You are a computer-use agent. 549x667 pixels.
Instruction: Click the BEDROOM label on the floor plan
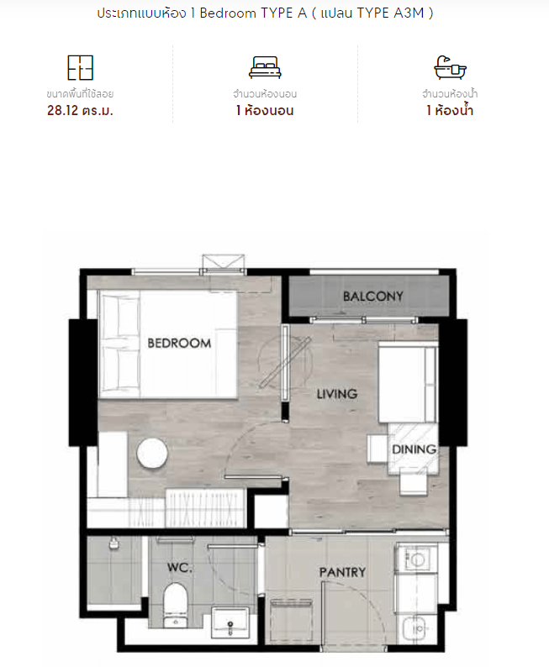tap(179, 343)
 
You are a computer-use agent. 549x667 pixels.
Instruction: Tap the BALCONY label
tap(373, 296)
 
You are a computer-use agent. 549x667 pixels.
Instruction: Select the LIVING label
tap(337, 394)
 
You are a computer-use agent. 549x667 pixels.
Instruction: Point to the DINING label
tap(414, 449)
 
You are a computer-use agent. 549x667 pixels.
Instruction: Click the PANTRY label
tap(342, 572)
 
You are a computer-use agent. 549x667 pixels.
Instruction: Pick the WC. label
tap(179, 567)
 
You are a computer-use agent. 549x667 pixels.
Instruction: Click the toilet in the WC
tap(176, 605)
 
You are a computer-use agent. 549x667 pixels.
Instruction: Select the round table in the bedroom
tap(152, 454)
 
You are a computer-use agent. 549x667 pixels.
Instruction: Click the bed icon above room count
tap(265, 68)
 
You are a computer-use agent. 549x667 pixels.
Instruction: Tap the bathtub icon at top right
tap(450, 68)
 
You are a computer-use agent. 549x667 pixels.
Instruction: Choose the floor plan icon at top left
tap(80, 68)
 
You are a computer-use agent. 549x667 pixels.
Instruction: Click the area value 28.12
tap(62, 111)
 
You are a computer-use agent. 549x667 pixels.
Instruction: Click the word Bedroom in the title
tap(228, 13)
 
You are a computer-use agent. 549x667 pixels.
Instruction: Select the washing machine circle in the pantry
tap(416, 559)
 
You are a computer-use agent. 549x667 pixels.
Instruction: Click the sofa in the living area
tap(408, 382)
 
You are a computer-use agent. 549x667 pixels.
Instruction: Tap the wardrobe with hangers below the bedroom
tap(204, 507)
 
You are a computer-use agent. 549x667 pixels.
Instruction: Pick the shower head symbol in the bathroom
tap(113, 544)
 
